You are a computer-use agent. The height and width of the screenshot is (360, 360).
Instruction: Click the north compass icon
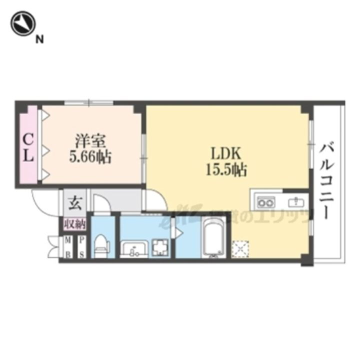pos(22,24)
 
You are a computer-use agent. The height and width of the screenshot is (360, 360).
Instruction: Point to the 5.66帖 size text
pos(90,157)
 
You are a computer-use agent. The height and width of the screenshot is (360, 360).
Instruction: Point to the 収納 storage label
pos(74,223)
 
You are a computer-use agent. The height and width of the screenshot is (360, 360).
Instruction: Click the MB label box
pos(67,246)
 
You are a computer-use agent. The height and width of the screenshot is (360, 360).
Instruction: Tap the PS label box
pos(81,246)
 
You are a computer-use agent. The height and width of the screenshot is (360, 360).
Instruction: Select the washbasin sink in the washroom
pos(133,247)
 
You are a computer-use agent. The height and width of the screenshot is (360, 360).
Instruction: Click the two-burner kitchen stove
pos(265,202)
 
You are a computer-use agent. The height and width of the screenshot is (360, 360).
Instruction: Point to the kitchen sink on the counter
pos(295,202)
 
